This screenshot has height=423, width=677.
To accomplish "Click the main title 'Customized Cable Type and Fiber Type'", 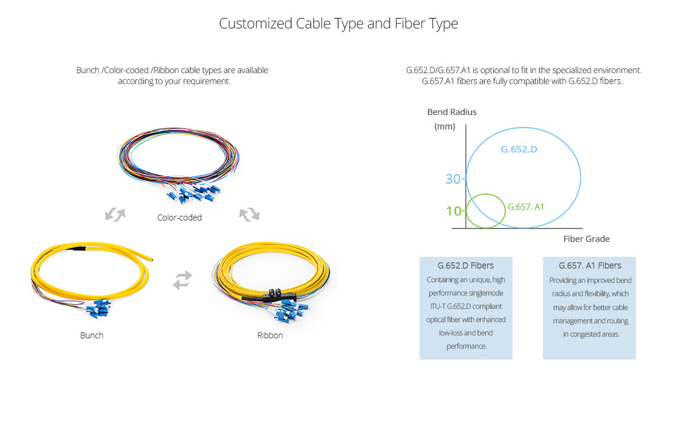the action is coord(338,24).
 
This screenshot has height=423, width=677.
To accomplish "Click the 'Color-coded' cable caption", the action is coord(179,218).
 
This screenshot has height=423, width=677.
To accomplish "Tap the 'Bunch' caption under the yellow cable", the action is coord(91,335).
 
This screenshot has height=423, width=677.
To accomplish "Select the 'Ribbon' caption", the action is coord(270,335).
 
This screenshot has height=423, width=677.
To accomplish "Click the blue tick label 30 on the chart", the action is coord(453,179).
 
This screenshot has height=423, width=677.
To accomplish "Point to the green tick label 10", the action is coord(454,211).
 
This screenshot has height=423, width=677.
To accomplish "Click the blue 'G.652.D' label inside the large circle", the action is coord(519,149).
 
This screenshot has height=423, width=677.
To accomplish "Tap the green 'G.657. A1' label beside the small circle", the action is coord(525,207).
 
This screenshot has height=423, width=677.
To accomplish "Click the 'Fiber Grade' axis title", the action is coord(586,239).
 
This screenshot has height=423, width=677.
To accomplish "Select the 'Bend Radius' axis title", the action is coord(452,112).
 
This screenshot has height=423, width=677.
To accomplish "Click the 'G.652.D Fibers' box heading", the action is coord(465,265).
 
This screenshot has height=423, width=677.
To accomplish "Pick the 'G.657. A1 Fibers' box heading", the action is coord(590,265).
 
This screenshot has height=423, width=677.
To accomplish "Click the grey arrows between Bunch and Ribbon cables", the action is coord(182,280).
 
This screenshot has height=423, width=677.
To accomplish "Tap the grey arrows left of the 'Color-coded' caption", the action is coord(115,214).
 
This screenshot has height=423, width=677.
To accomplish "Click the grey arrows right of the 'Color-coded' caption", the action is coord(250,214).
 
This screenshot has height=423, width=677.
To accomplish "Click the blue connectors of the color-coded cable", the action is coord(194,193).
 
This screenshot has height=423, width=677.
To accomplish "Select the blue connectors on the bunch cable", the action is coord(99,308).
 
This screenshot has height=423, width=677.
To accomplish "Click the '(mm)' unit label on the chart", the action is coord(445,126).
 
